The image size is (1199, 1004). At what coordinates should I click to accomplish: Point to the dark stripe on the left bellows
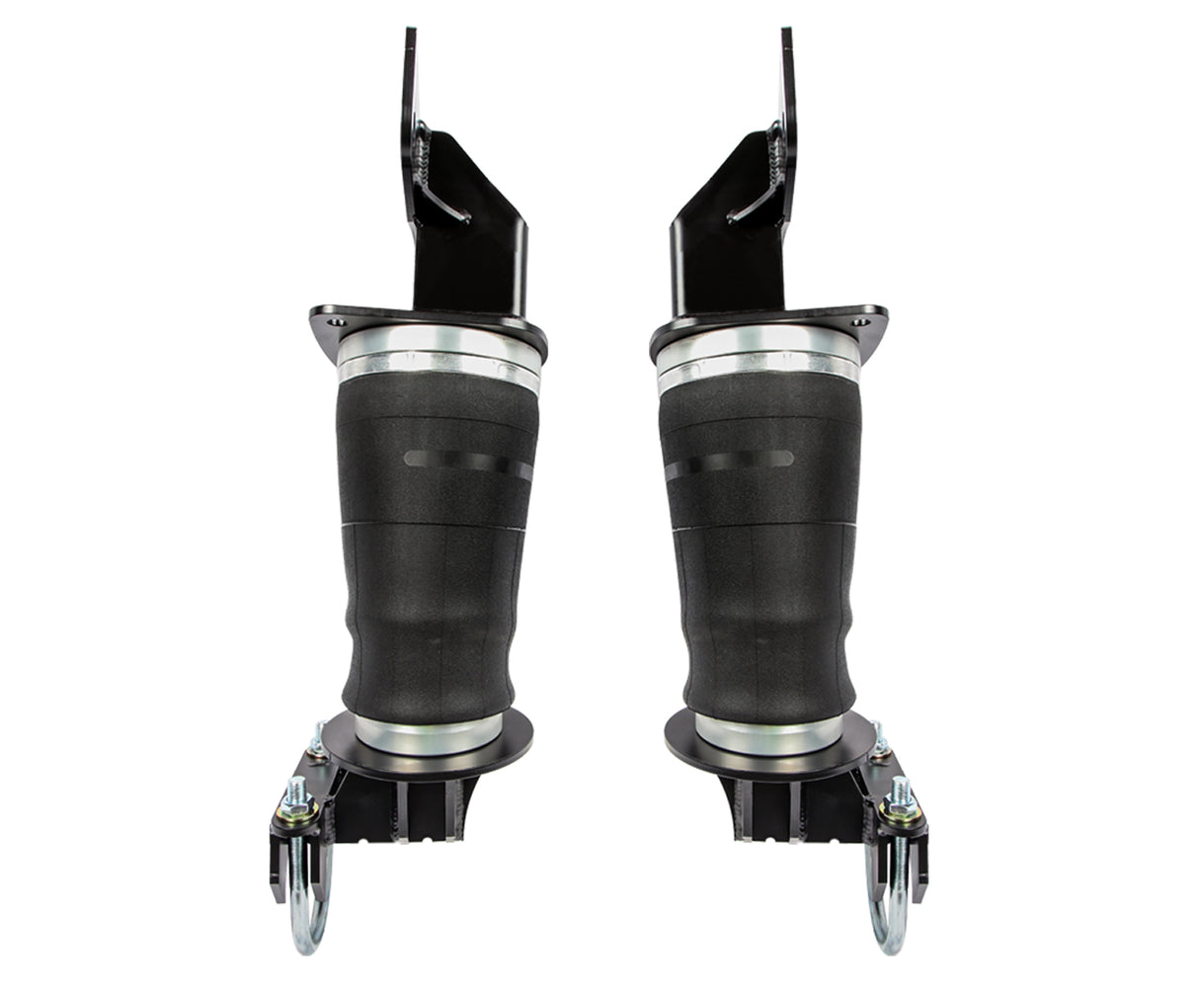click(x=465, y=460)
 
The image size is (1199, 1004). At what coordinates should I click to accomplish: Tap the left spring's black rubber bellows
click(x=435, y=573)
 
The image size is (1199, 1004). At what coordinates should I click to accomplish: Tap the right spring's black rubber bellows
click(x=760, y=573)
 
